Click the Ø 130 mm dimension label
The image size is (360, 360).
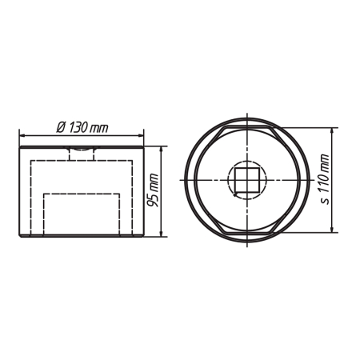tap(82, 128)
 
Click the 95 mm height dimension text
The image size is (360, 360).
tap(154, 190)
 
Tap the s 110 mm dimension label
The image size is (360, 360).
tap(324, 179)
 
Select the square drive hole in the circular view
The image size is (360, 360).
tap(247, 180)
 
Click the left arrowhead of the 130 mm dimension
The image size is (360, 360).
tap(22, 136)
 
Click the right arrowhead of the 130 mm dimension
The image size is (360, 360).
tap(141, 136)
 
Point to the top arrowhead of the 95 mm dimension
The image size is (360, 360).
tap(161, 150)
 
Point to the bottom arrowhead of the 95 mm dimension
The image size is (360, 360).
tap(161, 233)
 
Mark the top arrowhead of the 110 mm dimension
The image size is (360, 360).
tap(332, 131)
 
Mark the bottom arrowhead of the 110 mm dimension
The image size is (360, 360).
tap(332, 229)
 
